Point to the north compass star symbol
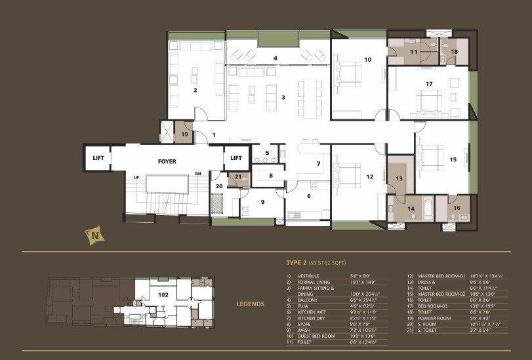click(96, 233)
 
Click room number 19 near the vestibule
click(184, 134)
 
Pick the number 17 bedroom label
click(428, 84)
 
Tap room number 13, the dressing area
click(398, 178)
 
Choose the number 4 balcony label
click(276, 58)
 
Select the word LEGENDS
click(250, 304)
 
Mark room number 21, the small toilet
click(238, 176)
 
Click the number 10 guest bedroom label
click(367, 60)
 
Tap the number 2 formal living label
click(195, 90)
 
